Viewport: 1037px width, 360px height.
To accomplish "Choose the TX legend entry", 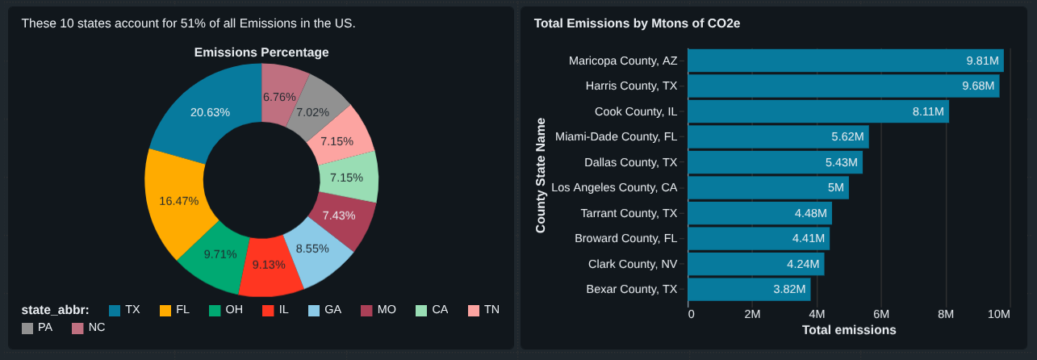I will tap(125, 310).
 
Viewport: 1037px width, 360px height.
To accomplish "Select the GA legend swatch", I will tap(316, 310).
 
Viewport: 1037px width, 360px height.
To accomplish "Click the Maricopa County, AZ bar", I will tap(845, 61).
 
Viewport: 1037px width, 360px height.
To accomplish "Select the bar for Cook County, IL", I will tap(817, 111).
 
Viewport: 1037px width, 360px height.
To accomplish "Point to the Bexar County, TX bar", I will tap(748, 289).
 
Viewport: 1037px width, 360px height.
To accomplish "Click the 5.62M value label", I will tap(847, 136).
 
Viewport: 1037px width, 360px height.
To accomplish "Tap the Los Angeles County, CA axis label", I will tap(620, 187).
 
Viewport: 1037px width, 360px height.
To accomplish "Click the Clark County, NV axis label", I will tap(633, 264).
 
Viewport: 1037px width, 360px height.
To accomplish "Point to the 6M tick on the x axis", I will tap(880, 314).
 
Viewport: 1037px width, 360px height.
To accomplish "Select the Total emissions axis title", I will tap(848, 330).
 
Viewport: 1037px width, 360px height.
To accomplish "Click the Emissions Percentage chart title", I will tap(261, 52).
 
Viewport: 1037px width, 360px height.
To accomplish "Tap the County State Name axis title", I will tap(541, 175).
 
